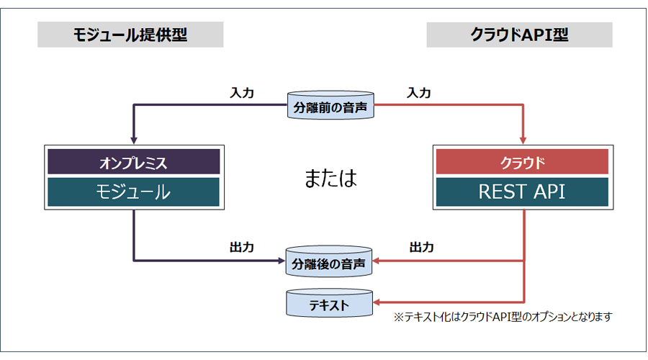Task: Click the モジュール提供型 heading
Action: click(130, 35)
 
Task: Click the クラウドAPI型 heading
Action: click(519, 35)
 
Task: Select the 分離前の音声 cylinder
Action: click(330, 105)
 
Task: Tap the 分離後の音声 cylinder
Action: click(329, 261)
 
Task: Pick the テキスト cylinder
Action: click(329, 303)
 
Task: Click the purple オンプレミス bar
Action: click(134, 161)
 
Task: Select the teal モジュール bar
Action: click(134, 192)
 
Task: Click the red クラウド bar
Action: click(523, 161)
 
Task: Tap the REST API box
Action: click(523, 192)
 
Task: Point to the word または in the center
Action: click(330, 178)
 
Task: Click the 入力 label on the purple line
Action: click(242, 93)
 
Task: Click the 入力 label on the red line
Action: click(418, 93)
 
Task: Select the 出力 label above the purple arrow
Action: click(242, 247)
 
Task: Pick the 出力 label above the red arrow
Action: click(421, 247)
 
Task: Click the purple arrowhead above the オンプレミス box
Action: click(133, 141)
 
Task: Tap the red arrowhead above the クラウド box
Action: click(523, 141)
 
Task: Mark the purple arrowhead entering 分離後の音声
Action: click(282, 261)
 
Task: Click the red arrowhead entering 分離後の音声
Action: click(376, 261)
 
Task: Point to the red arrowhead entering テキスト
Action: click(376, 302)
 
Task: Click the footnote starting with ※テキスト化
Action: click(503, 317)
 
